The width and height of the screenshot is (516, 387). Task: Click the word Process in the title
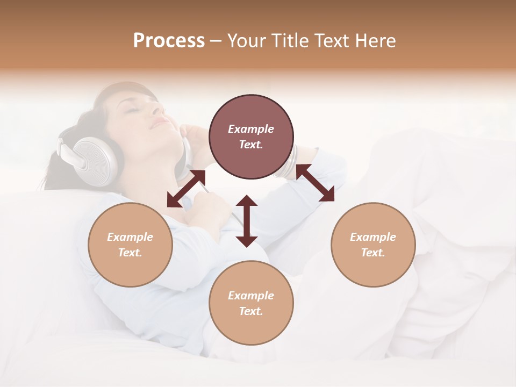[169, 41]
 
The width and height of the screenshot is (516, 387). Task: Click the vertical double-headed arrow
[247, 221]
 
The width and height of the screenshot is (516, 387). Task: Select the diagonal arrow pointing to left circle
[186, 188]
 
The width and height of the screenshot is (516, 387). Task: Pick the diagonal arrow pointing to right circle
[316, 183]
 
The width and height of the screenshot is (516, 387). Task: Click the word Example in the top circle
[251, 129]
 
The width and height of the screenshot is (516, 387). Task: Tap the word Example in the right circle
[373, 237]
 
